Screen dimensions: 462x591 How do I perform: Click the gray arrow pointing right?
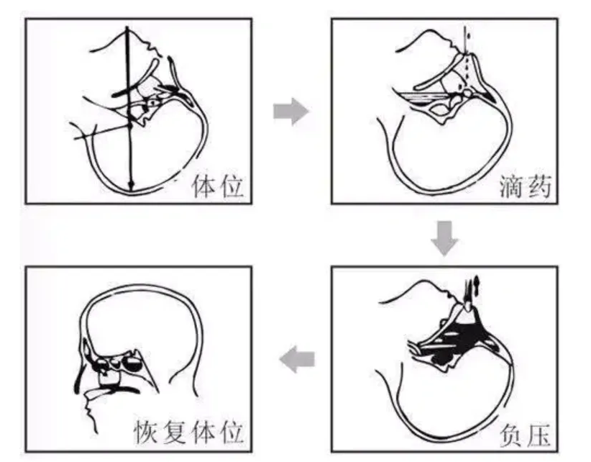[291, 112]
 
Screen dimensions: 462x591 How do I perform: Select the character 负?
[511, 435]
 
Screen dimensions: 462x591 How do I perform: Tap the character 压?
[538, 435]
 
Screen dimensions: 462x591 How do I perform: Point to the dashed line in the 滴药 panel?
[467, 68]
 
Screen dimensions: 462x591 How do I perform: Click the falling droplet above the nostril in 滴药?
[467, 32]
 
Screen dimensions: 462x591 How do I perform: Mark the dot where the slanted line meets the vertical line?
[130, 125]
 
